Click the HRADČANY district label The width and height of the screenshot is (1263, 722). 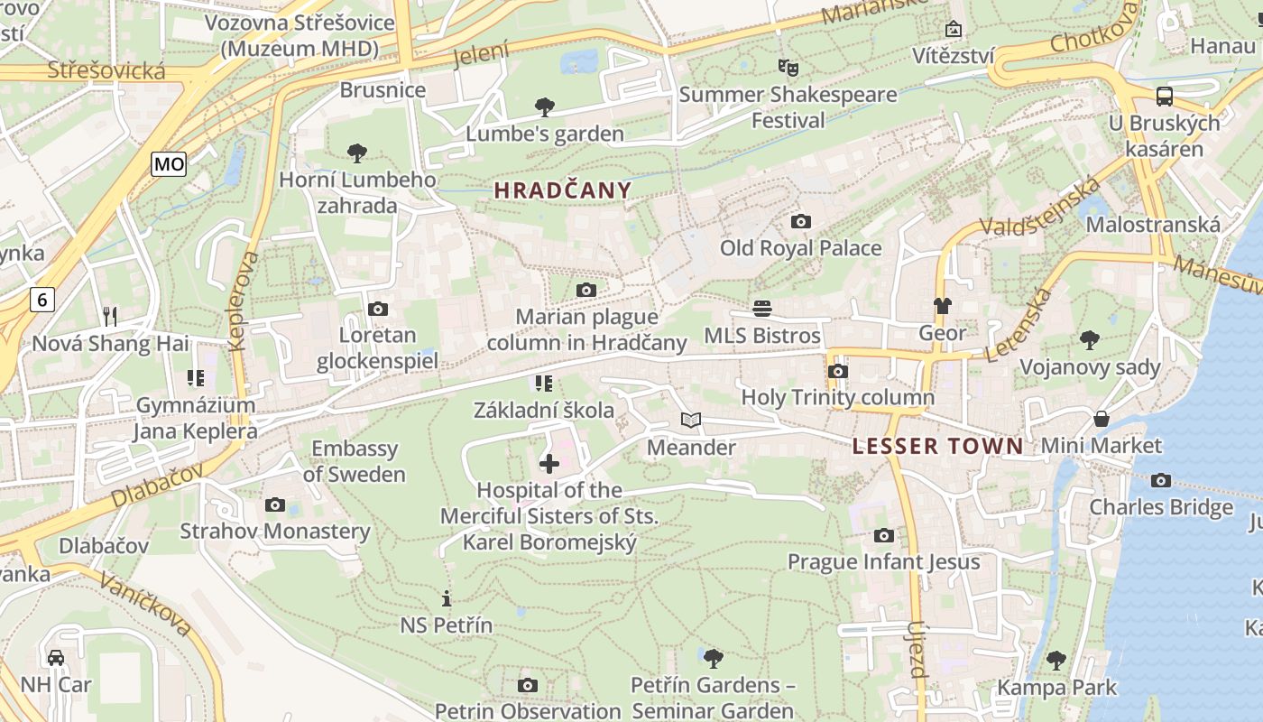(x=563, y=190)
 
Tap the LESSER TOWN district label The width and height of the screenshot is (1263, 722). (x=938, y=446)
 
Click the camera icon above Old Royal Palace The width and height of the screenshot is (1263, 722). (x=800, y=221)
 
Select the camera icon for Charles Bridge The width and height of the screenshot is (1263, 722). (x=1161, y=480)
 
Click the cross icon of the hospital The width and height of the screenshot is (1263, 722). (x=549, y=464)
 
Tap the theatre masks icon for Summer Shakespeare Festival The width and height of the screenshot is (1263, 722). (x=788, y=67)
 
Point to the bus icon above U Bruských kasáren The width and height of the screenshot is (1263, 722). (x=1165, y=96)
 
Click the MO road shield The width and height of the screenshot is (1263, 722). (x=169, y=163)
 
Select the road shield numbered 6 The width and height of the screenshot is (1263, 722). (x=42, y=300)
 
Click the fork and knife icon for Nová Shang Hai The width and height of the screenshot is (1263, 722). (x=110, y=316)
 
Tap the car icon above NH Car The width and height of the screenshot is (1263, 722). (x=56, y=657)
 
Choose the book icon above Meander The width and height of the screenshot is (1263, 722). (x=691, y=420)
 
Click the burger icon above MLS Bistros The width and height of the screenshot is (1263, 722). (x=762, y=309)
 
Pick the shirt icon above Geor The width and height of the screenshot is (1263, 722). (x=943, y=306)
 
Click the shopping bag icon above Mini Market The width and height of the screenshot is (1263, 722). (x=1102, y=418)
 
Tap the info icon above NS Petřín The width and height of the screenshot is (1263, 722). (x=446, y=597)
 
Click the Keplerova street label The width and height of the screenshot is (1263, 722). (x=244, y=301)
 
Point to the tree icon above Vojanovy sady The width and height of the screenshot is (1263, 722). (x=1090, y=339)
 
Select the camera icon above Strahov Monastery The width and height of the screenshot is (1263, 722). (x=275, y=504)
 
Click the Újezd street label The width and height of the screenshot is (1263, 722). (x=917, y=649)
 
